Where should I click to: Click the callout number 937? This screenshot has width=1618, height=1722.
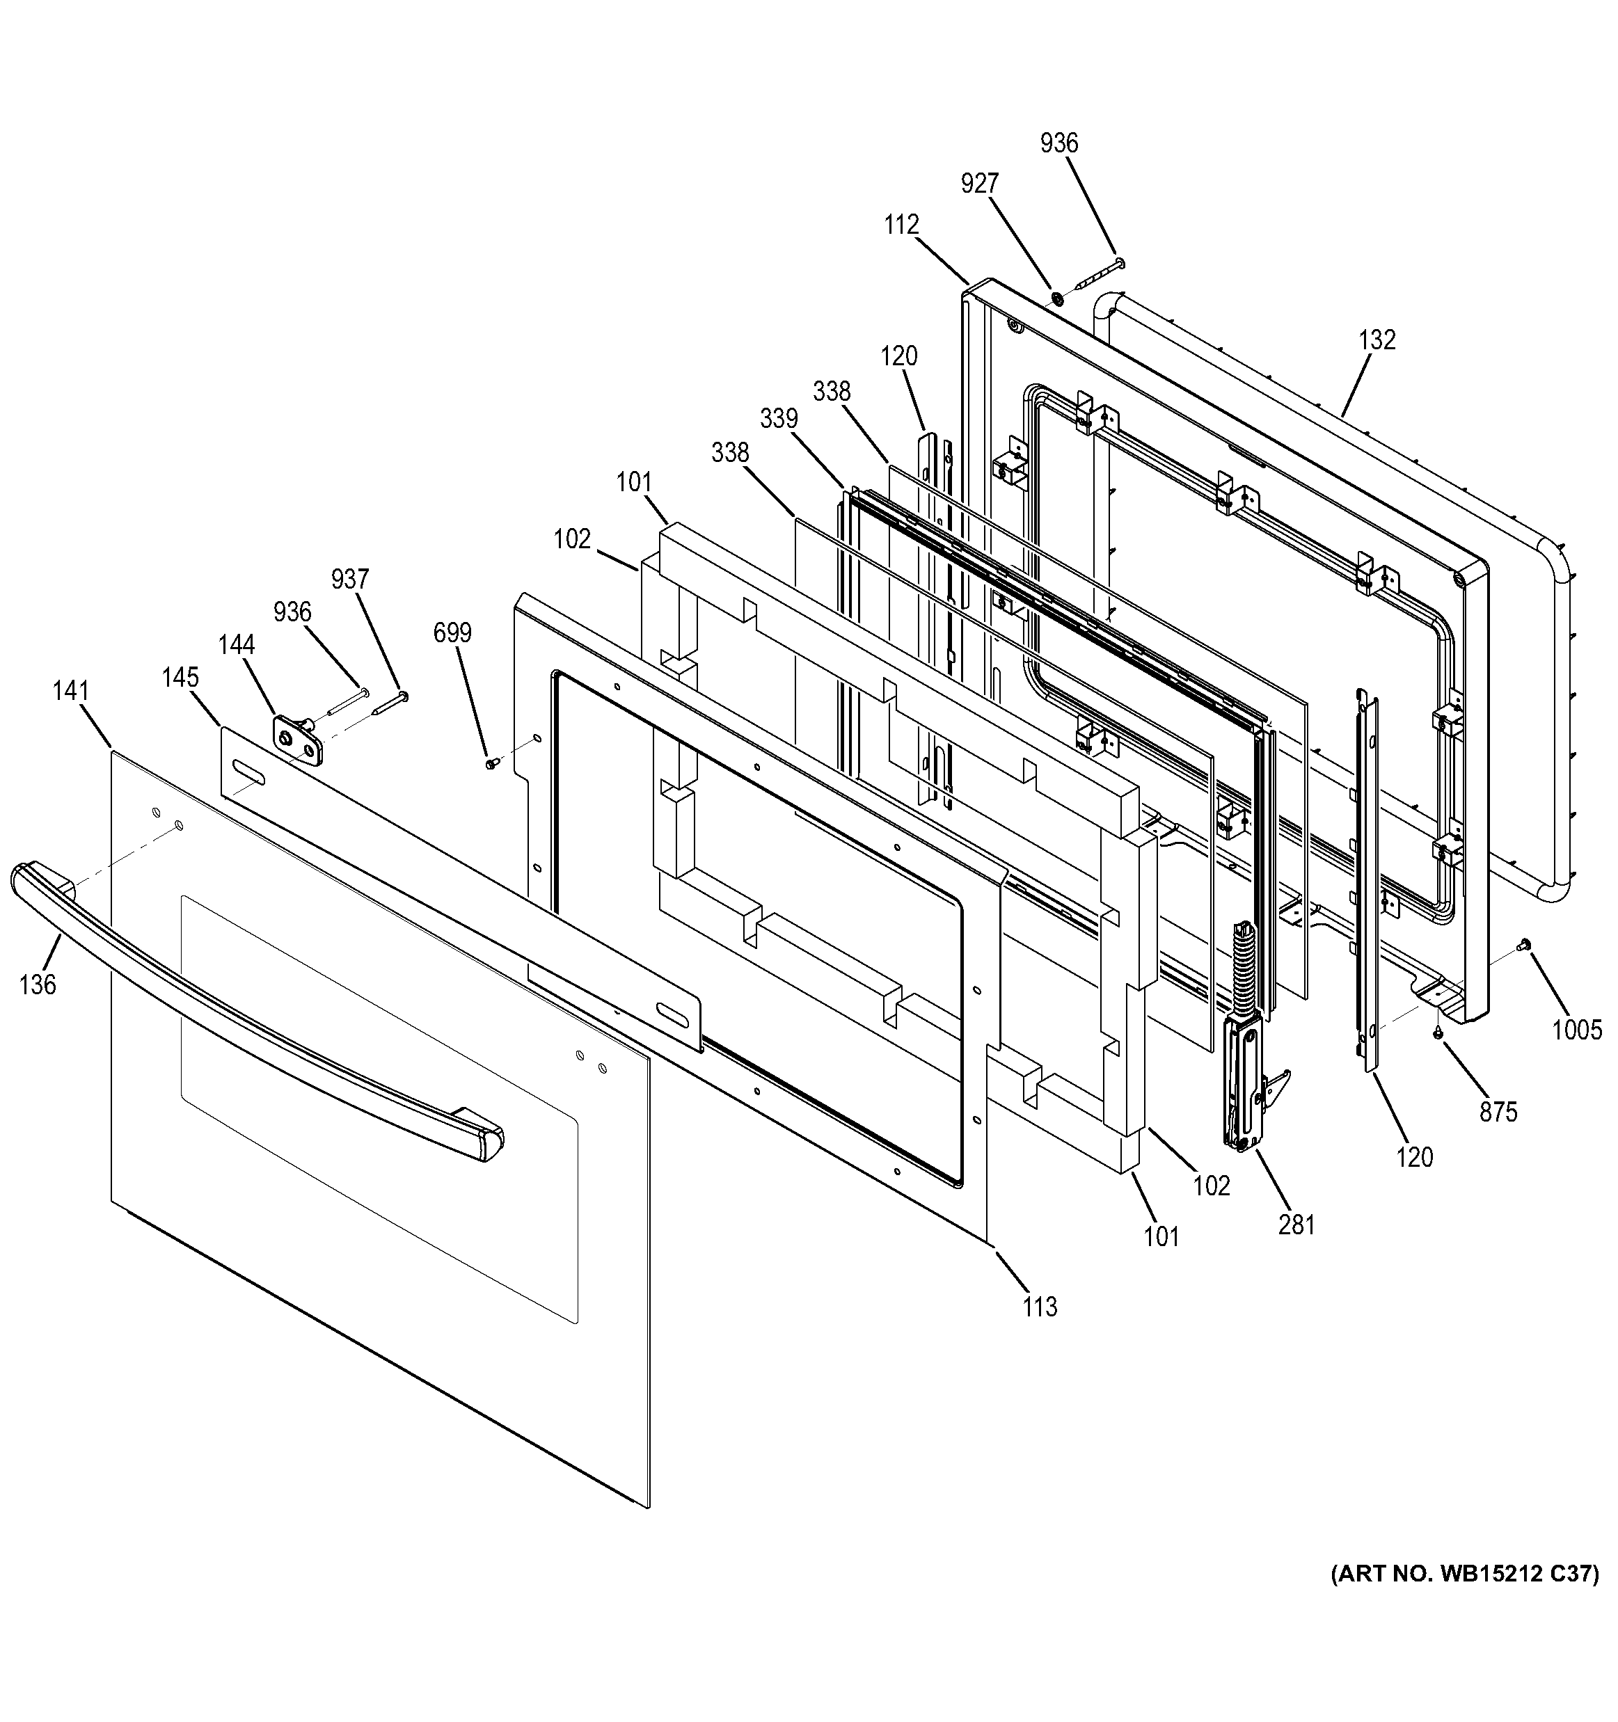point(350,579)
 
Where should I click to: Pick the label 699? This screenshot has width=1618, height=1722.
point(452,633)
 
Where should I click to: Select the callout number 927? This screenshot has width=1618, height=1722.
point(980,184)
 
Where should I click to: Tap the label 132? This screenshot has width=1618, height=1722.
point(1377,340)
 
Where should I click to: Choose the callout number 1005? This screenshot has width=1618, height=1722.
point(1576,1030)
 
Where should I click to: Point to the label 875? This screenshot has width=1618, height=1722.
point(1498,1111)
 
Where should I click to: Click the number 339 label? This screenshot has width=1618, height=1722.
point(779,418)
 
